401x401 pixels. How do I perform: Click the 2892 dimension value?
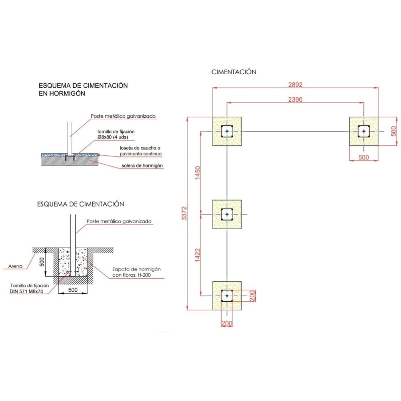295,84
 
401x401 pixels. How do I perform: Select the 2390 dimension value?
295,99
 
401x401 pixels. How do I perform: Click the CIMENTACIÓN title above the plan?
234,72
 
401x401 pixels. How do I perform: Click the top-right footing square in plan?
364,131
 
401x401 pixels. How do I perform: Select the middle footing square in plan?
227,215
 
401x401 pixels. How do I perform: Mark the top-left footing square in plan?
227,131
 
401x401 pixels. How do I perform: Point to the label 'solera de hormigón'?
142,166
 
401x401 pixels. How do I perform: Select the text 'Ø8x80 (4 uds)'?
115,137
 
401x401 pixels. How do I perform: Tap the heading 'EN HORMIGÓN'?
62,93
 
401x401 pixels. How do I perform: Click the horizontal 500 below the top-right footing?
363,158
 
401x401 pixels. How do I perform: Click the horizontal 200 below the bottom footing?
227,323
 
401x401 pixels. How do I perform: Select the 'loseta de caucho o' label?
141,148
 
